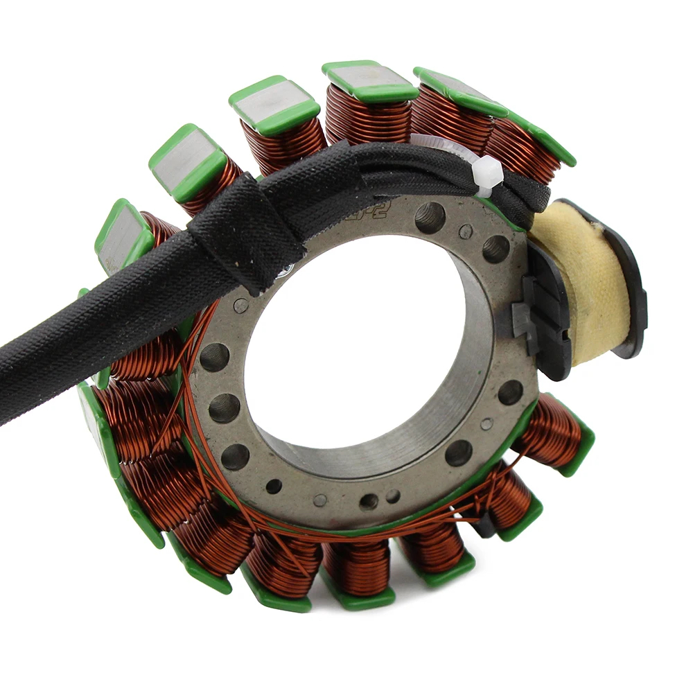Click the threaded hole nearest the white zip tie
(430, 218)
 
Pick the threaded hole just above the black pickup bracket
(495, 249)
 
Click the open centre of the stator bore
(346, 346)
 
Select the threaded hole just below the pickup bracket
(510, 392)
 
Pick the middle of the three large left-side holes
(224, 408)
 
